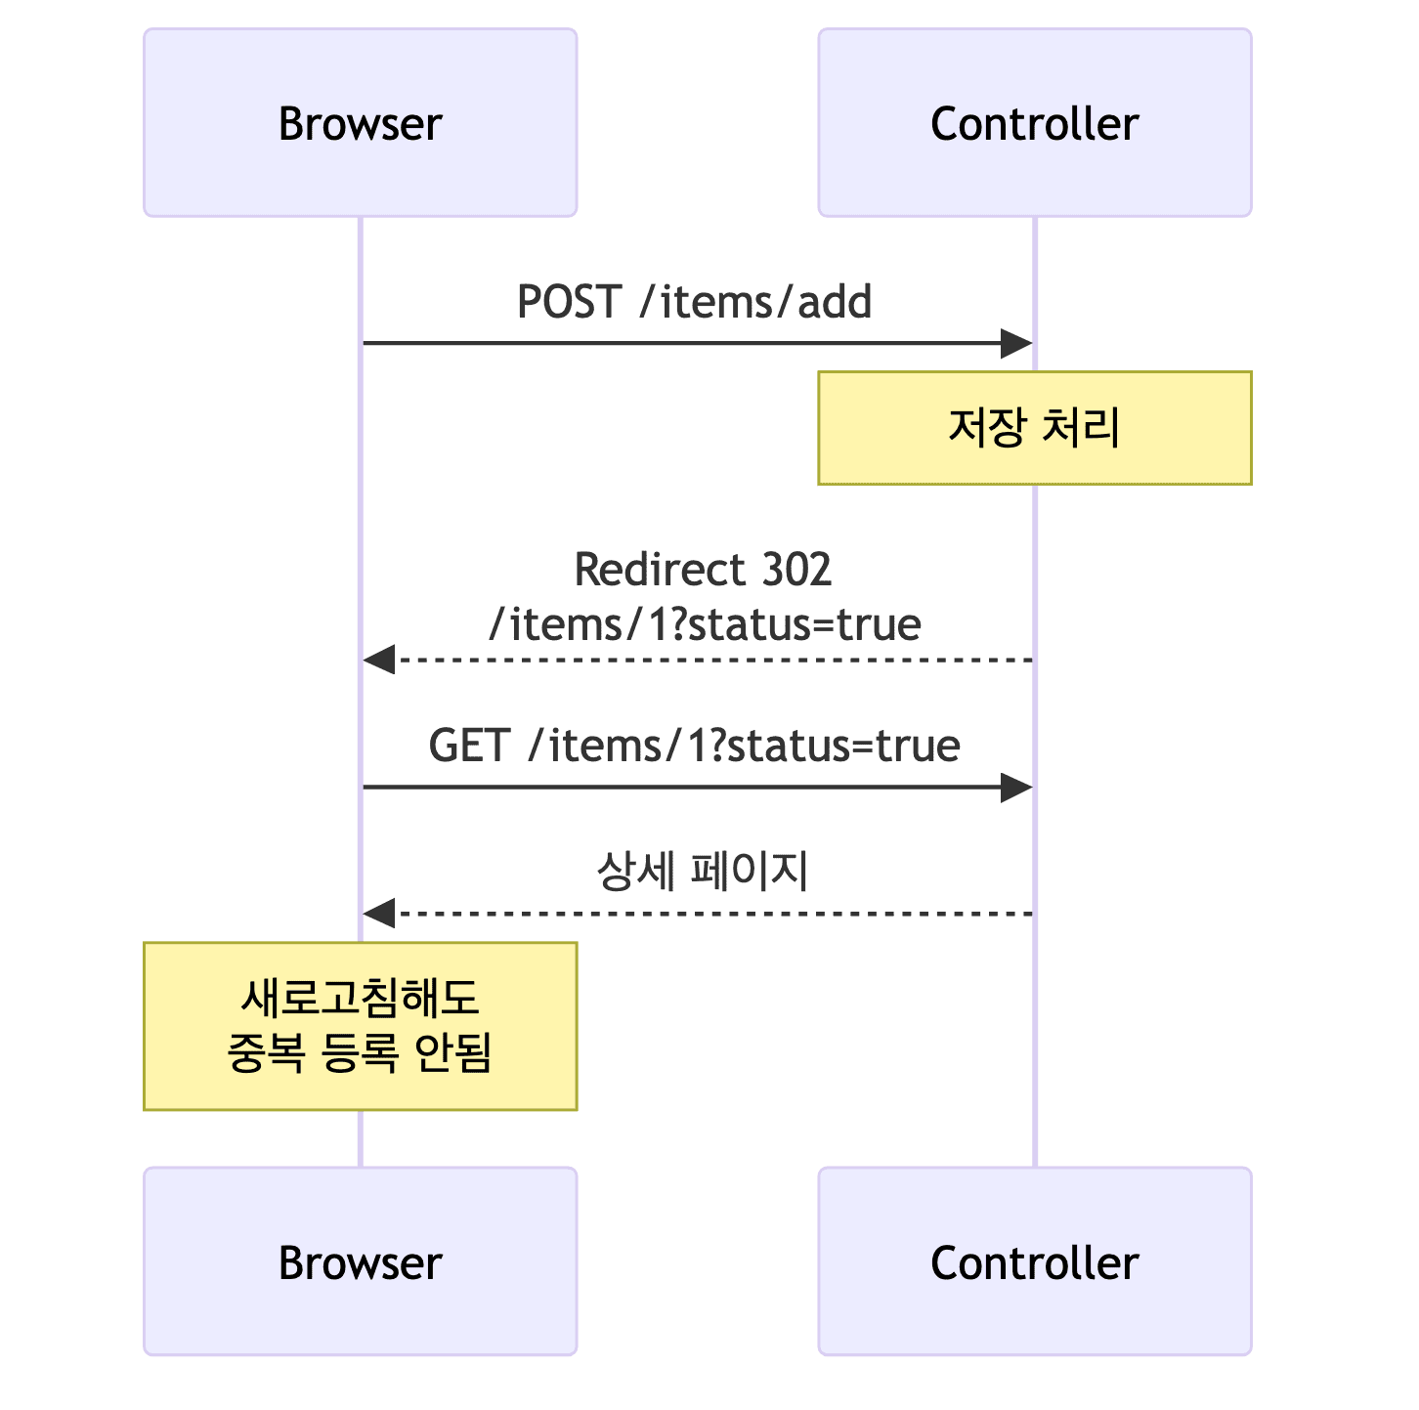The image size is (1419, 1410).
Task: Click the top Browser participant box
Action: (360, 123)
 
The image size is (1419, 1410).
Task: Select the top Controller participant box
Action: (1034, 123)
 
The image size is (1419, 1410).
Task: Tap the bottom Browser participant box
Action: (360, 1261)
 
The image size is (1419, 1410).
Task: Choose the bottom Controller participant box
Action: (1034, 1261)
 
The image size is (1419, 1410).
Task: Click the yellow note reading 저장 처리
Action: (1034, 428)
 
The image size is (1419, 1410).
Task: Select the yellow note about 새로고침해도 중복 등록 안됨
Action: (360, 1026)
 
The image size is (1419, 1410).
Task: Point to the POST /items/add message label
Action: (694, 301)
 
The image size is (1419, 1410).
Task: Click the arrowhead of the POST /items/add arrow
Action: (1018, 344)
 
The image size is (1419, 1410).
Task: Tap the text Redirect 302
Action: (703, 570)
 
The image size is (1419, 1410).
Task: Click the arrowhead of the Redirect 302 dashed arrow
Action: (378, 660)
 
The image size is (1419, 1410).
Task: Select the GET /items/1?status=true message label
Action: (694, 746)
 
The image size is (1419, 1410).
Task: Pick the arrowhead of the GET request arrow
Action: (1018, 788)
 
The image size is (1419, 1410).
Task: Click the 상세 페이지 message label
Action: (703, 871)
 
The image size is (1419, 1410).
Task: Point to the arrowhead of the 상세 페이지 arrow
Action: (378, 914)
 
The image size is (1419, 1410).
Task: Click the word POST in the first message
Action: (568, 301)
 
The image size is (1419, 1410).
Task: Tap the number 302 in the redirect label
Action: (796, 570)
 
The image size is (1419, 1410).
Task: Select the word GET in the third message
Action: (468, 746)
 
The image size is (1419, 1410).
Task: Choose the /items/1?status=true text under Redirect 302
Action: (705, 624)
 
